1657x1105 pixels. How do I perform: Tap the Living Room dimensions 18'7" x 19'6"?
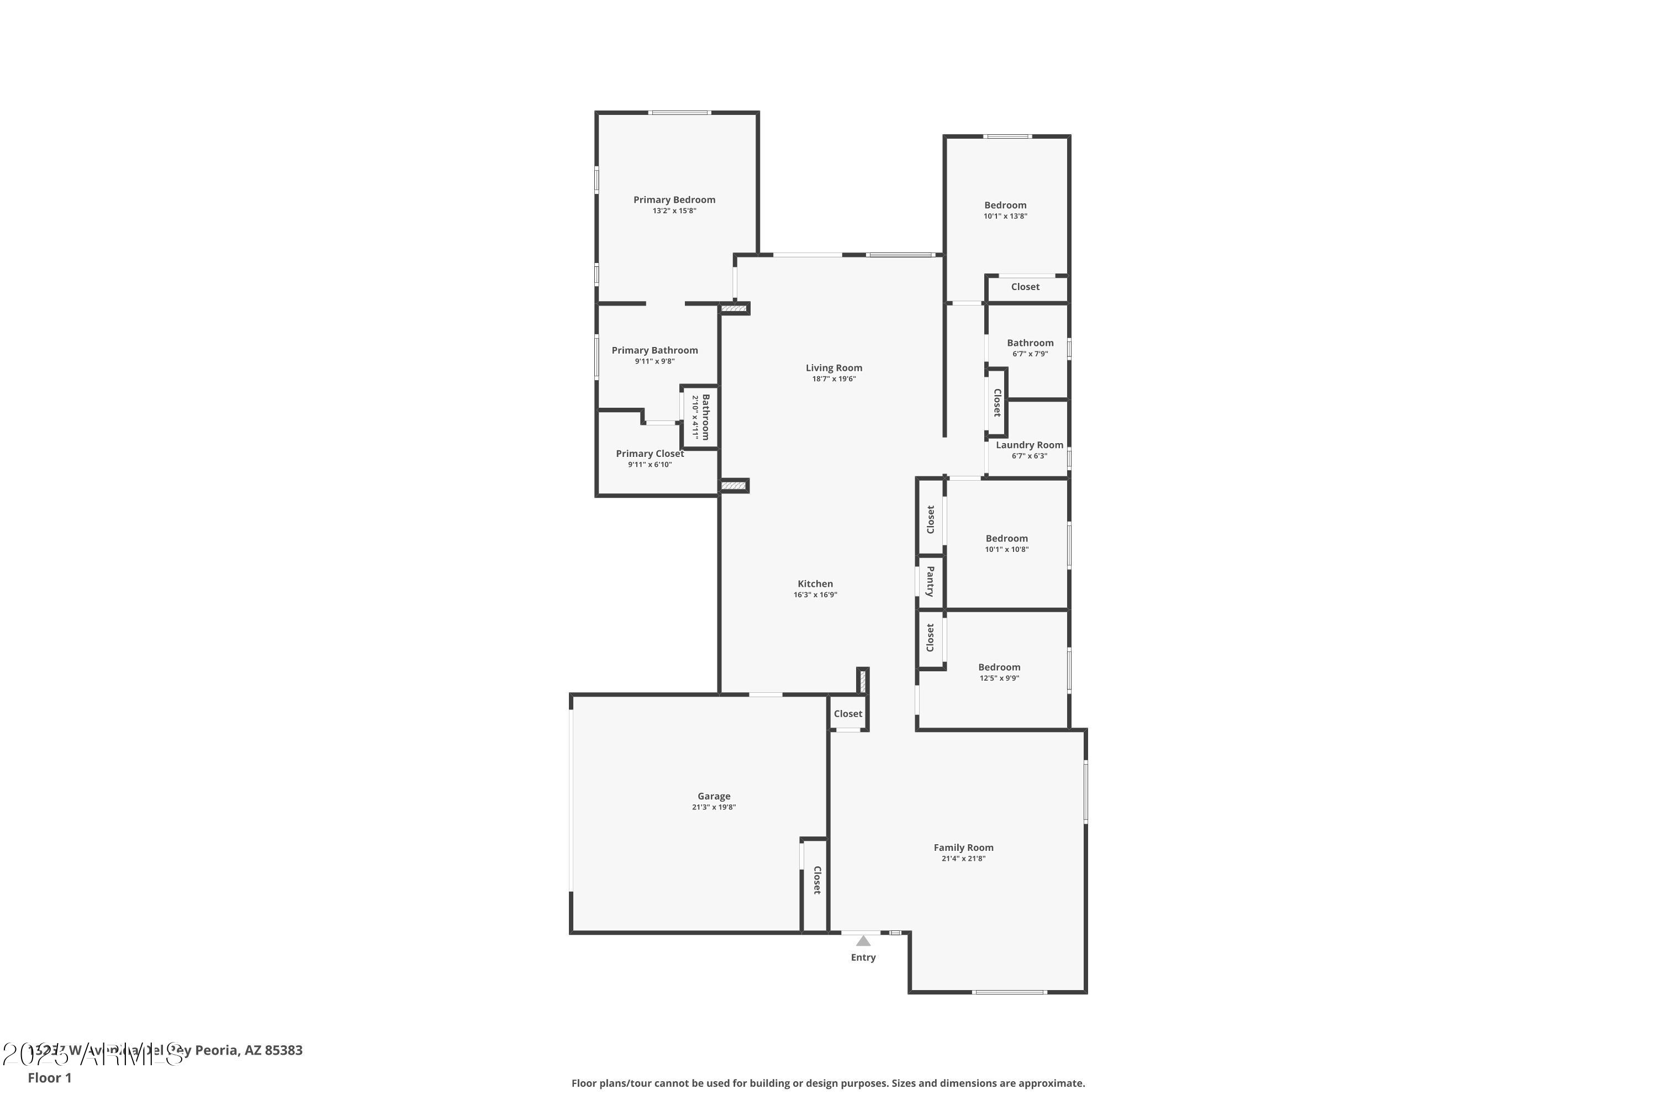(833, 379)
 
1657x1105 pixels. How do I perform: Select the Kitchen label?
(815, 583)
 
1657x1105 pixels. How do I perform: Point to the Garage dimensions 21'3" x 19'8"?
(713, 807)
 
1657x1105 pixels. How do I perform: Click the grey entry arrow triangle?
(863, 941)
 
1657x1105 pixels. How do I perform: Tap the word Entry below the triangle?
(863, 957)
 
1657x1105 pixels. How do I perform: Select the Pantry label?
(930, 581)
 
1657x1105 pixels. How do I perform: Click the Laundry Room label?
(1030, 445)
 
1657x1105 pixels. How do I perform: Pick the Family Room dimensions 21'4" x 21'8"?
(963, 859)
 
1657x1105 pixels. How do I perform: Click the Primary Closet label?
(650, 454)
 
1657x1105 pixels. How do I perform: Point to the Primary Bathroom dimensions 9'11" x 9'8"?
(655, 361)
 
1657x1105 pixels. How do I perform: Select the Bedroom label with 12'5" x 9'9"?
(999, 667)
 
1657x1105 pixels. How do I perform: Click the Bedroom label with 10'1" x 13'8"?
(1005, 205)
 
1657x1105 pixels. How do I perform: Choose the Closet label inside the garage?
(817, 880)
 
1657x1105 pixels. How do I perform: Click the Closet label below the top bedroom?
(1025, 287)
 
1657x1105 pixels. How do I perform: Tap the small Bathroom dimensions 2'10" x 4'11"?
(695, 417)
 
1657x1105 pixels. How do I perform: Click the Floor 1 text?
(49, 1077)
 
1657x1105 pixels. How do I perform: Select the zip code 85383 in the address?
(283, 1050)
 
